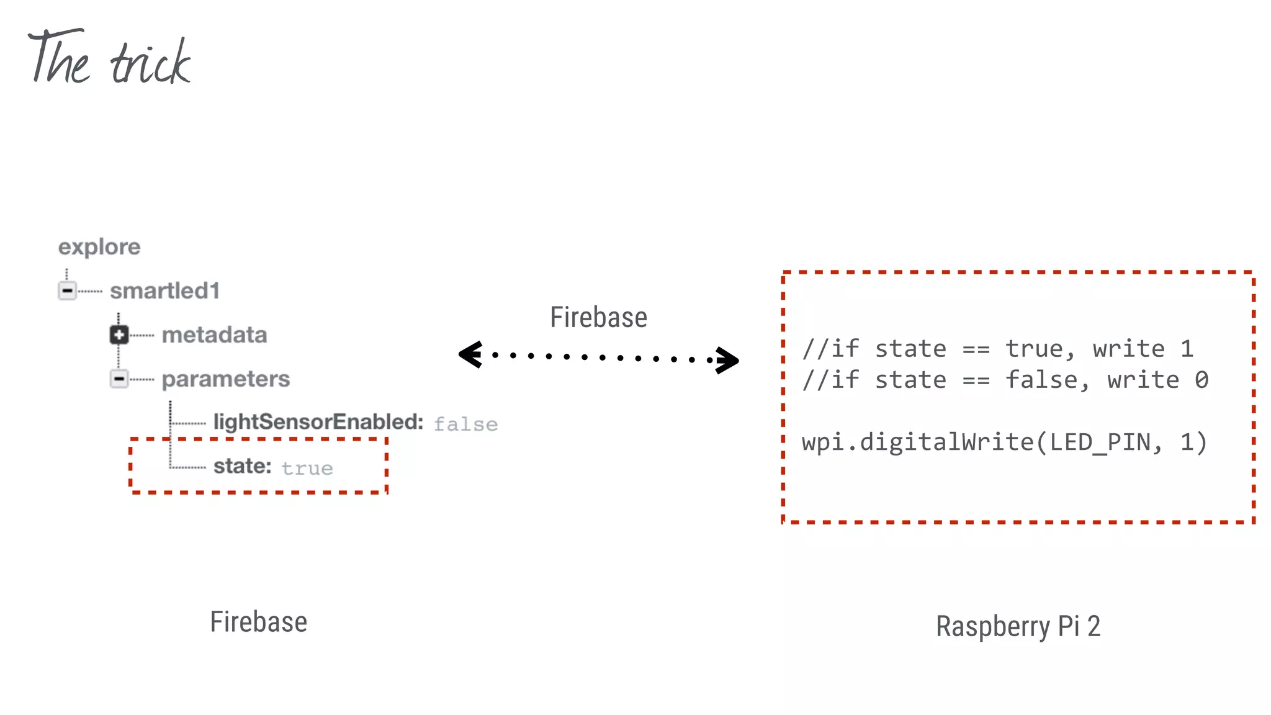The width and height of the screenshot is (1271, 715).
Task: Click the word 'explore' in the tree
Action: tap(99, 247)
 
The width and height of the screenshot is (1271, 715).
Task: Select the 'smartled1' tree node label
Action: tap(164, 290)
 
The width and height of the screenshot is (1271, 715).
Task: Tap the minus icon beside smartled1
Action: tap(67, 290)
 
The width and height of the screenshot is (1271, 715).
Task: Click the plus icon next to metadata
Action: tap(119, 335)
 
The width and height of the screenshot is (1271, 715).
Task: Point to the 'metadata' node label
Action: tap(214, 335)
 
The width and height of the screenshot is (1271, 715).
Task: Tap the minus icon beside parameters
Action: tap(119, 379)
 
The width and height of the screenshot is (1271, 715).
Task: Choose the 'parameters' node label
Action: tap(226, 379)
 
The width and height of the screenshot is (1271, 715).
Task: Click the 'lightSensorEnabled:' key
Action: tap(318, 422)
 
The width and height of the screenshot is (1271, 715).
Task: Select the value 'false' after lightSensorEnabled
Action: tap(465, 425)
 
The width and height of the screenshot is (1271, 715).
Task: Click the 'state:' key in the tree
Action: tap(243, 466)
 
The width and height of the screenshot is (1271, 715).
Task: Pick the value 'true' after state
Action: tap(307, 469)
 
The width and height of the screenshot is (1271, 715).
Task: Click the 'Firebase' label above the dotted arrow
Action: tap(598, 317)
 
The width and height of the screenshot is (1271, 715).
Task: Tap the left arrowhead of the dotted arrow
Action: tap(470, 355)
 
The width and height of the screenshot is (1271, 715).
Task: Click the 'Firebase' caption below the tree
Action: tap(258, 622)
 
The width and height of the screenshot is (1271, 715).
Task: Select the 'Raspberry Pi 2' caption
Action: tap(1018, 626)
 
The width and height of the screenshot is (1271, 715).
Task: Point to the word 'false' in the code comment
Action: tap(1041, 380)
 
